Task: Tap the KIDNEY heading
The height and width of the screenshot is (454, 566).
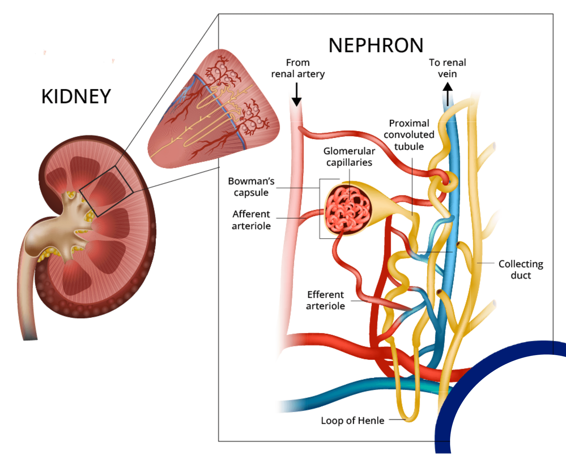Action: click(76, 96)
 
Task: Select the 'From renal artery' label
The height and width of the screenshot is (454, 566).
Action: click(298, 68)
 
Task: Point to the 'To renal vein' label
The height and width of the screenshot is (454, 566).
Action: click(447, 68)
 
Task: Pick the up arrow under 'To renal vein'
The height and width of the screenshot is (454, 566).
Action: click(448, 93)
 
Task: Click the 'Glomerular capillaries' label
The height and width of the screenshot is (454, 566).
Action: click(349, 157)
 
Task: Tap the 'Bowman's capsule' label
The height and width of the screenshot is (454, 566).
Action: click(251, 187)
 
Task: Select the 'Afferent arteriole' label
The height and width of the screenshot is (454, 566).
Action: click(251, 220)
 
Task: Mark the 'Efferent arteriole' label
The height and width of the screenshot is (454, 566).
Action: click(326, 300)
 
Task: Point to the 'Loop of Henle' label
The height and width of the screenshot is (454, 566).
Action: click(352, 421)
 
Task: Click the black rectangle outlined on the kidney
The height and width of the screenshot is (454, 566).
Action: click(106, 191)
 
